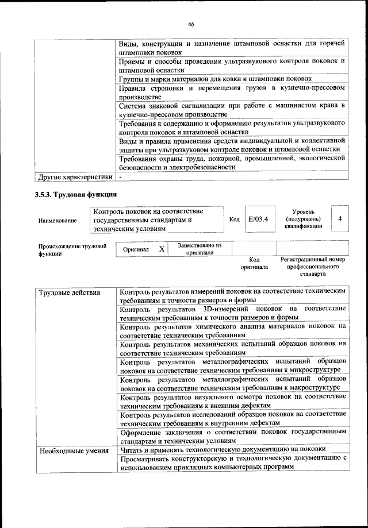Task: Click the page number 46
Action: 190,24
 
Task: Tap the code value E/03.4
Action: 258,219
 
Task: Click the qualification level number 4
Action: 340,219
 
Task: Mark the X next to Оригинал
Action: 162,249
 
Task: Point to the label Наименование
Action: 57,220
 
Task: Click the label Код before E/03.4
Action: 234,219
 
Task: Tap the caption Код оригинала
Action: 254,263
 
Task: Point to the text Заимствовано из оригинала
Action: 200,249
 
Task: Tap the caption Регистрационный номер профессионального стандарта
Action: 312,267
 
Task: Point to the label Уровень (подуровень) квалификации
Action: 303,219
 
